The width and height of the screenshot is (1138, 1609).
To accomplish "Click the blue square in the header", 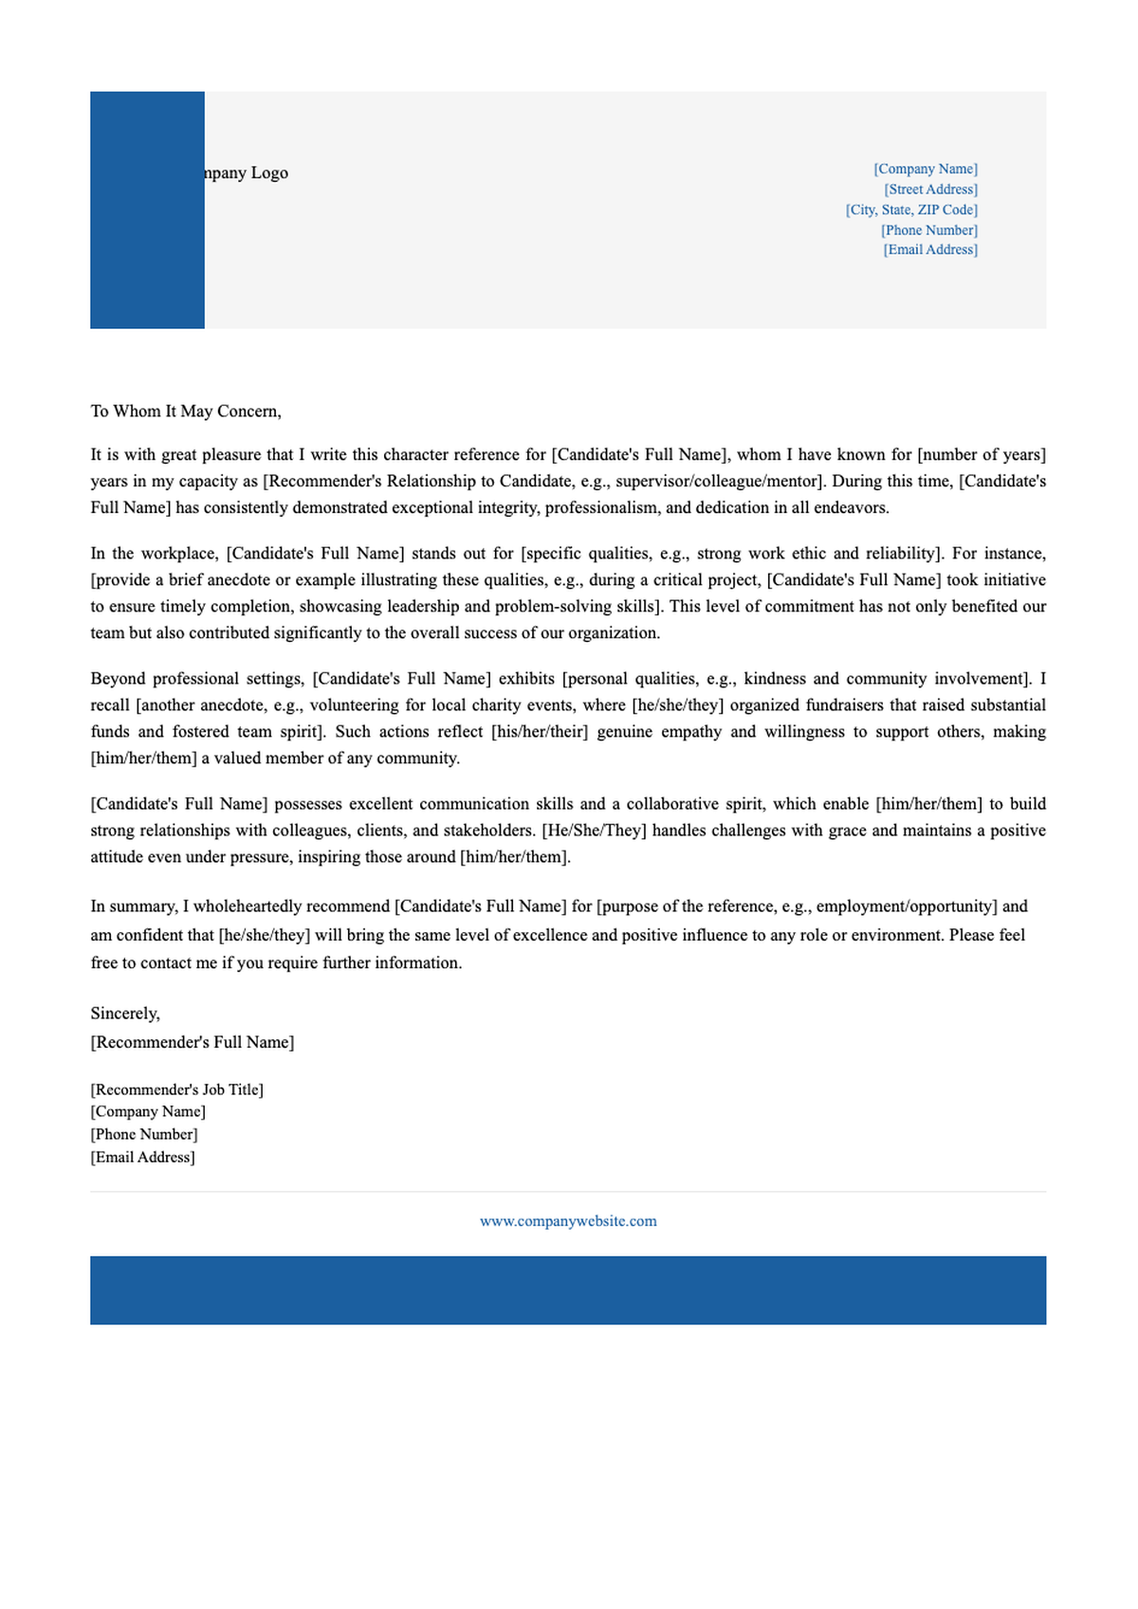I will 147,210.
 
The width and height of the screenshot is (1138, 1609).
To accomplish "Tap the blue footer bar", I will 568,1289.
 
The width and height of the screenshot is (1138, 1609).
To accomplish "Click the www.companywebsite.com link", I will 568,1221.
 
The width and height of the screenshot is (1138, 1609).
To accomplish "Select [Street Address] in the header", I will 930,190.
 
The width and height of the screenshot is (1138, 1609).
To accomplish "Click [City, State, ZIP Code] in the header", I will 911,210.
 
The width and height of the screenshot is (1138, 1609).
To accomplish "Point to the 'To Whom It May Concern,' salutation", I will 186,411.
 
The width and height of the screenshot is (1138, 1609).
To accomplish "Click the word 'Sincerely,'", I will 125,1014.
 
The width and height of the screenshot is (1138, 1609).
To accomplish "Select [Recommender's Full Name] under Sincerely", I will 193,1042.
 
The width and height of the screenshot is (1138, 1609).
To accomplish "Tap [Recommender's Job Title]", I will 177,1089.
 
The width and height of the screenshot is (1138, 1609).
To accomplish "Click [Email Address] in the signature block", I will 143,1157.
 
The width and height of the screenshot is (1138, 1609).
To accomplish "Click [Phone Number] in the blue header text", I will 929,230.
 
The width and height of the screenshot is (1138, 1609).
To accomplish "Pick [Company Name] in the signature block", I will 148,1111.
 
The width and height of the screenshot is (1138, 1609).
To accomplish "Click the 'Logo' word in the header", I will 269,173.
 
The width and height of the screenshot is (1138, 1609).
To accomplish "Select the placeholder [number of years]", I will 982,455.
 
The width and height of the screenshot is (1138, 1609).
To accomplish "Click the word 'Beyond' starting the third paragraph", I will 118,679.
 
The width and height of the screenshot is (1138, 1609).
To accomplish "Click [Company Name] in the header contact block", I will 926,169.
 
